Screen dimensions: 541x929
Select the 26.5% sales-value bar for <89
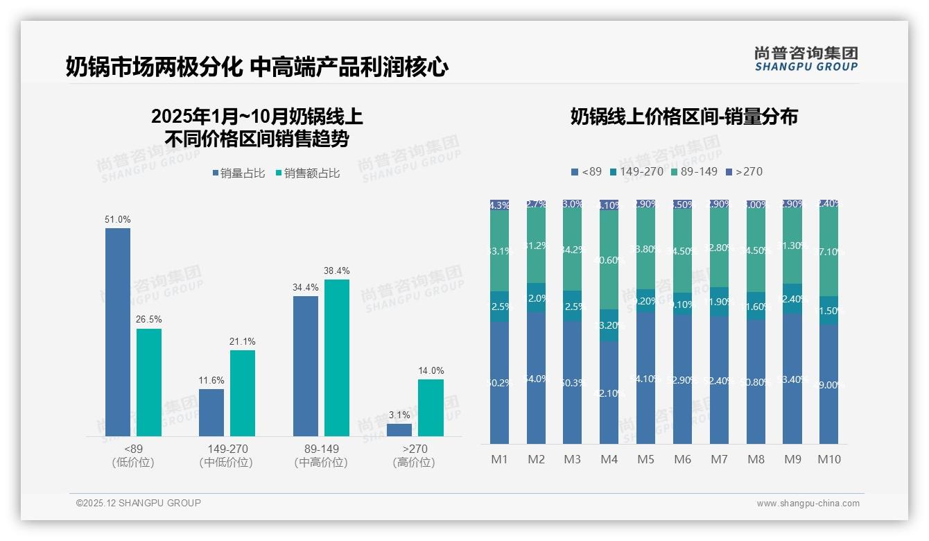coord(149,382)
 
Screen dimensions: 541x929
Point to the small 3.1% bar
coord(399,429)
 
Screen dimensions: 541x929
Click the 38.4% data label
coord(337,270)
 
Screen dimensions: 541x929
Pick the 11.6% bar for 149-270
coord(211,412)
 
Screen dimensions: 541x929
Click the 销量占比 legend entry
coord(238,173)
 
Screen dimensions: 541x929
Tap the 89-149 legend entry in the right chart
coord(694,171)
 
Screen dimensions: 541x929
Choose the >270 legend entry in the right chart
coord(744,171)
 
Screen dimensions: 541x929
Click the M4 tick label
coord(609,459)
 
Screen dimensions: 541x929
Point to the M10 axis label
coord(828,459)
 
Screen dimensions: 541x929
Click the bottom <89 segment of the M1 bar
coord(499,382)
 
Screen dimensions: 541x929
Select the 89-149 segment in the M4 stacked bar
coord(609,259)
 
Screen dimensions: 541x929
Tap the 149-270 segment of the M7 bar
coord(719,302)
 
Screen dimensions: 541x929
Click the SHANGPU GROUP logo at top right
coord(806,58)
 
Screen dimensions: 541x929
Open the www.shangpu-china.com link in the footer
coord(808,504)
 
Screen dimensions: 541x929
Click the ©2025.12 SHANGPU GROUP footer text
coord(139,503)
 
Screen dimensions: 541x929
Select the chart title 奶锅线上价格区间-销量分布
coord(684,117)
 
